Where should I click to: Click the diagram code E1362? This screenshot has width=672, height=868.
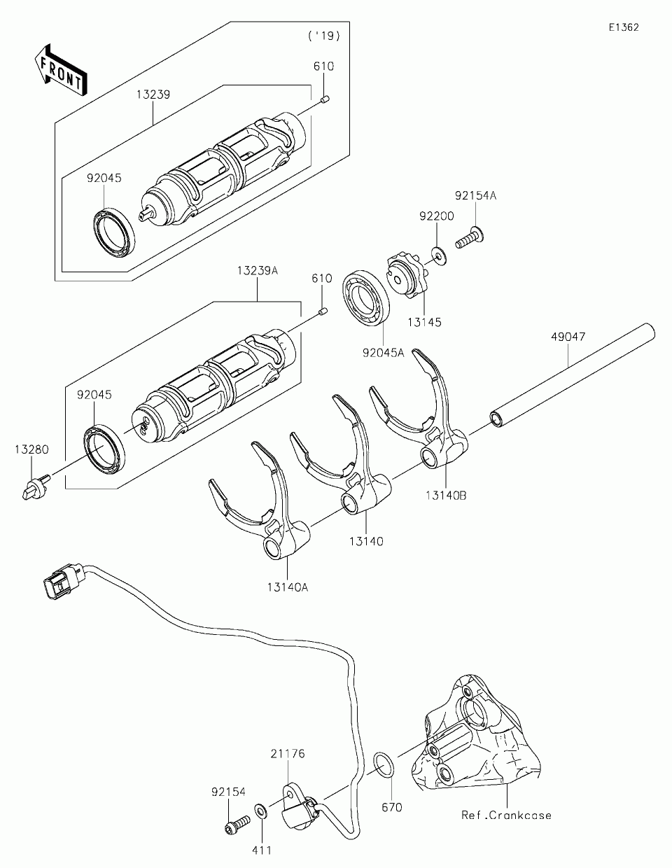(623, 27)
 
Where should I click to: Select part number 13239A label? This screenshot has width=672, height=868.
(257, 270)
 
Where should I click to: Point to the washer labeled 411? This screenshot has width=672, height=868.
(260, 812)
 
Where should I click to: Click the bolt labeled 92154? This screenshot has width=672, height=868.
(236, 825)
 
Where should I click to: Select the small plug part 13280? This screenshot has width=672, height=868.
(34, 487)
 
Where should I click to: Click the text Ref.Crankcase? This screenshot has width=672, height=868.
(505, 815)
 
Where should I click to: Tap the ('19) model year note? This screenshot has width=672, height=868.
(323, 35)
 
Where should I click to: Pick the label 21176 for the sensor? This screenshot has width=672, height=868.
(288, 754)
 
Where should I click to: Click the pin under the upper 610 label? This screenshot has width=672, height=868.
(324, 102)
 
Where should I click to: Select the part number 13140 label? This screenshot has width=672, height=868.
(367, 541)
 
